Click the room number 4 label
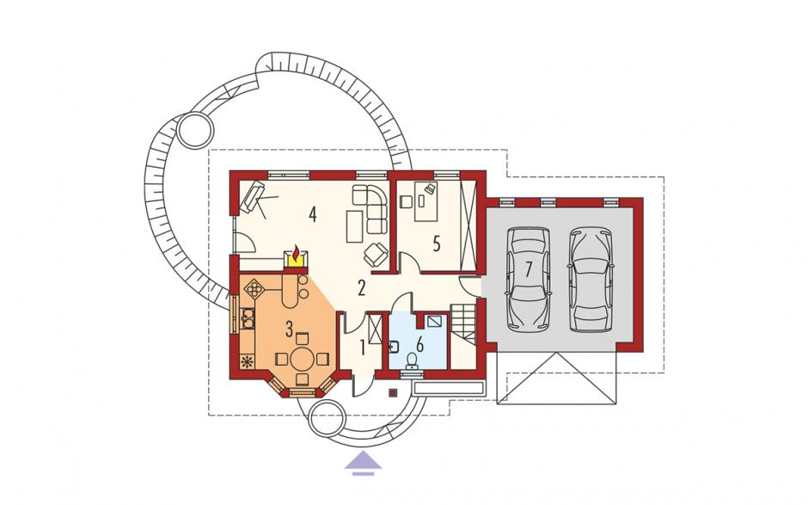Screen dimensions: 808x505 (x=312, y=214)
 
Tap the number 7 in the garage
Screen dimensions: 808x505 (x=528, y=270)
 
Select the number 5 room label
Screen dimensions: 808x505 (x=437, y=244)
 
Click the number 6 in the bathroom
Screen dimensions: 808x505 (x=420, y=345)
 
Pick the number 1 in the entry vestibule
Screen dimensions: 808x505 (x=362, y=348)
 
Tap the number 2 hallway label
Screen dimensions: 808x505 (x=361, y=288)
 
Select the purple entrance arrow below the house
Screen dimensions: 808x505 (x=364, y=460)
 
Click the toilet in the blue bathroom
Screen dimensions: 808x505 (x=413, y=360)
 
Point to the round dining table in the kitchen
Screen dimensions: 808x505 (x=301, y=359)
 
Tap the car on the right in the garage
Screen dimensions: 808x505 (x=591, y=279)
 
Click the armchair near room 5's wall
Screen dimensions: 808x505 (x=376, y=253)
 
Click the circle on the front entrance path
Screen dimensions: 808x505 (x=326, y=418)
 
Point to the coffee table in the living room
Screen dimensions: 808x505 (x=354, y=226)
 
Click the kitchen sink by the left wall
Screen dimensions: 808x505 (x=248, y=317)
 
